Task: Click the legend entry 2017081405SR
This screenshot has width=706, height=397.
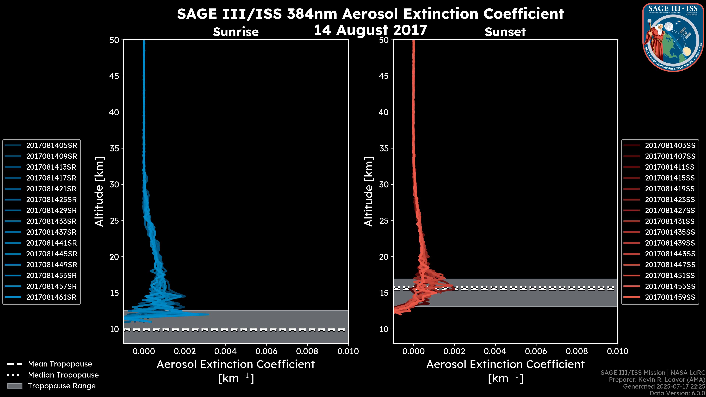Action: [x=51, y=146]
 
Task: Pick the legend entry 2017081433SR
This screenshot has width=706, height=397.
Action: [x=51, y=221]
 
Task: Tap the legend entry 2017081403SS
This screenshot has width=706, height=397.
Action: [x=670, y=146]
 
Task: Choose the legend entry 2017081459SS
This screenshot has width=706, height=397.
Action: [x=670, y=297]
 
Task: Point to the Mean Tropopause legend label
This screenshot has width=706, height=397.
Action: [x=60, y=364]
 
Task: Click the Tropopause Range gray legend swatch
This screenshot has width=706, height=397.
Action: [x=15, y=386]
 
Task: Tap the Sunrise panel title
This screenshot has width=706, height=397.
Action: [x=236, y=32]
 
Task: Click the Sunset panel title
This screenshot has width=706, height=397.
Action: [x=505, y=32]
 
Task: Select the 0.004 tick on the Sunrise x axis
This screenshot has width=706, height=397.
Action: [x=226, y=351]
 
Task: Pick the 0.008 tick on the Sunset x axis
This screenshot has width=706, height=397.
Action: [x=577, y=351]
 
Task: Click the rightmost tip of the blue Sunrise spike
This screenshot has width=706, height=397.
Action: [x=208, y=314]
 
